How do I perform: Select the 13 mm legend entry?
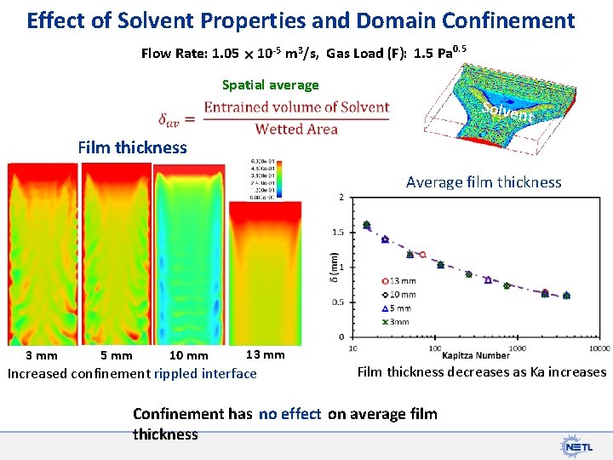pos(401,280)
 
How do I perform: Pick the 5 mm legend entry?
pos(401,308)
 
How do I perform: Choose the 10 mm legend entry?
pos(401,294)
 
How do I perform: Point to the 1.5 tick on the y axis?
pos(338,232)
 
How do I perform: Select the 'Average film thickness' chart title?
pos(484,181)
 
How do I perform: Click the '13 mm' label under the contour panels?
pos(265,354)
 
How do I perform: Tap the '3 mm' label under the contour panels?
pos(41,356)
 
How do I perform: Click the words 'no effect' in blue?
pos(290,414)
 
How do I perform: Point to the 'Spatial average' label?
pos(270,84)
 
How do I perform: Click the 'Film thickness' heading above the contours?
pos(132,147)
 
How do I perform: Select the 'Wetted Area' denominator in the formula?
pos(297,129)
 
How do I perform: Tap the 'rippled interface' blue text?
pos(205,373)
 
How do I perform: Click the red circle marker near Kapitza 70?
pos(422,255)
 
